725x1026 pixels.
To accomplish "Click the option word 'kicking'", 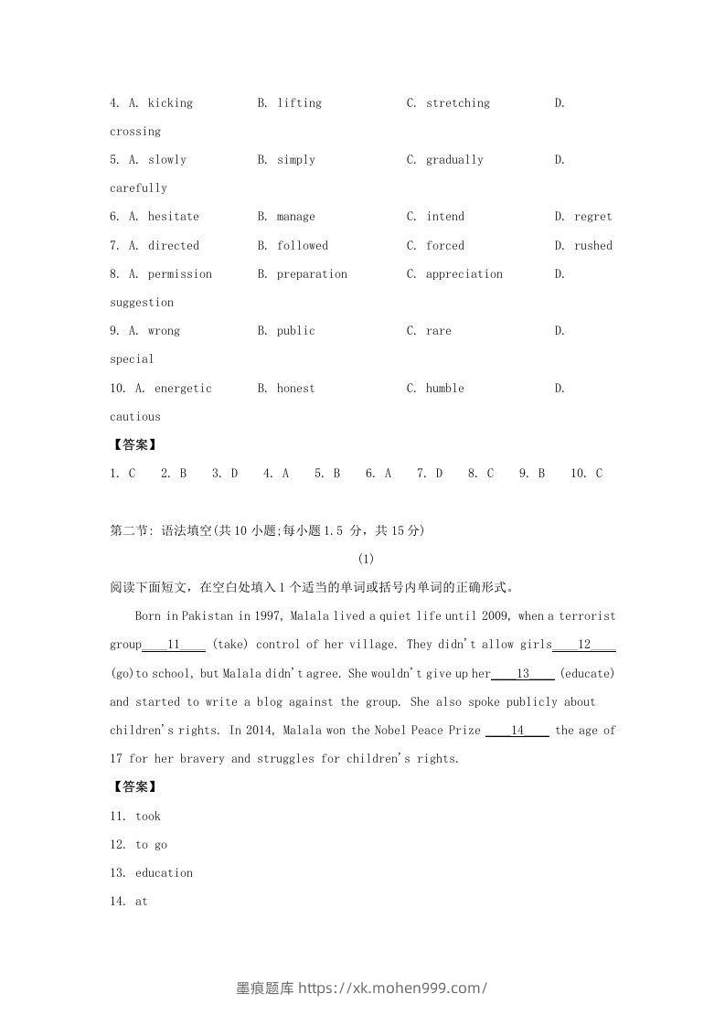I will click(170, 103).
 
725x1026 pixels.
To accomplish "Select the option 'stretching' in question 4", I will click(457, 103).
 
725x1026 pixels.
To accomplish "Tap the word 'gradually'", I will click(454, 160).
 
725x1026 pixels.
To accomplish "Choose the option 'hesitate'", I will click(173, 217).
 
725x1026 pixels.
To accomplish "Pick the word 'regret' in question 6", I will click(592, 217).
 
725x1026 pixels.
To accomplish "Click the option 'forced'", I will click(444, 246).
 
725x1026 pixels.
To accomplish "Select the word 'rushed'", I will click(592, 246).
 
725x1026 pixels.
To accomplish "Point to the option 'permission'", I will click(179, 274).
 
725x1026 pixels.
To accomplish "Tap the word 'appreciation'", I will click(464, 274).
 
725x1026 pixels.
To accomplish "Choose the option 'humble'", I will click(444, 389).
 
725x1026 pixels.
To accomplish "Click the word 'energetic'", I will click(183, 389).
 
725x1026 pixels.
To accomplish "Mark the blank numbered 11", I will click(174, 645).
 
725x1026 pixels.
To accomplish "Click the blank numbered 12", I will click(584, 645).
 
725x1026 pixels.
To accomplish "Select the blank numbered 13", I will click(523, 674).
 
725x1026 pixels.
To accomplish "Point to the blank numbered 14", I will click(517, 731).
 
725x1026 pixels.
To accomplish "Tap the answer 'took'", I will click(147, 817).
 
